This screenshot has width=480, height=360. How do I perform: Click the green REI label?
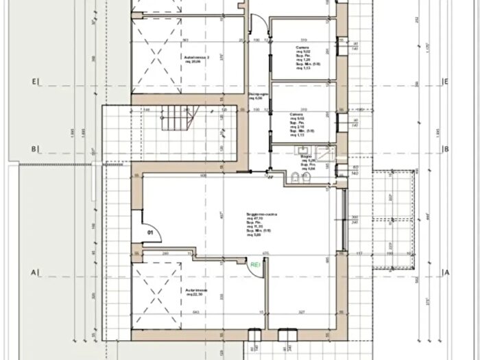click(256, 264)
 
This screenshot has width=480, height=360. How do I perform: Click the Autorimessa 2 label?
click(196, 57)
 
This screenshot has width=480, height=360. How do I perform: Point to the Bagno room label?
click(306, 157)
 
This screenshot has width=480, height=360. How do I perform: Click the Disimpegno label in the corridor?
click(257, 95)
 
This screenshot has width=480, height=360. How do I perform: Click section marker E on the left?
click(33, 82)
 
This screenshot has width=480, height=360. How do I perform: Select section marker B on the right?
click(446, 149)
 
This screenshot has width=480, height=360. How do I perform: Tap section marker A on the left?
click(33, 272)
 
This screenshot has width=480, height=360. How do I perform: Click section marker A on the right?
click(447, 272)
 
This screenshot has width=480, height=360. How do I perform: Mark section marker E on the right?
click(446, 82)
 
